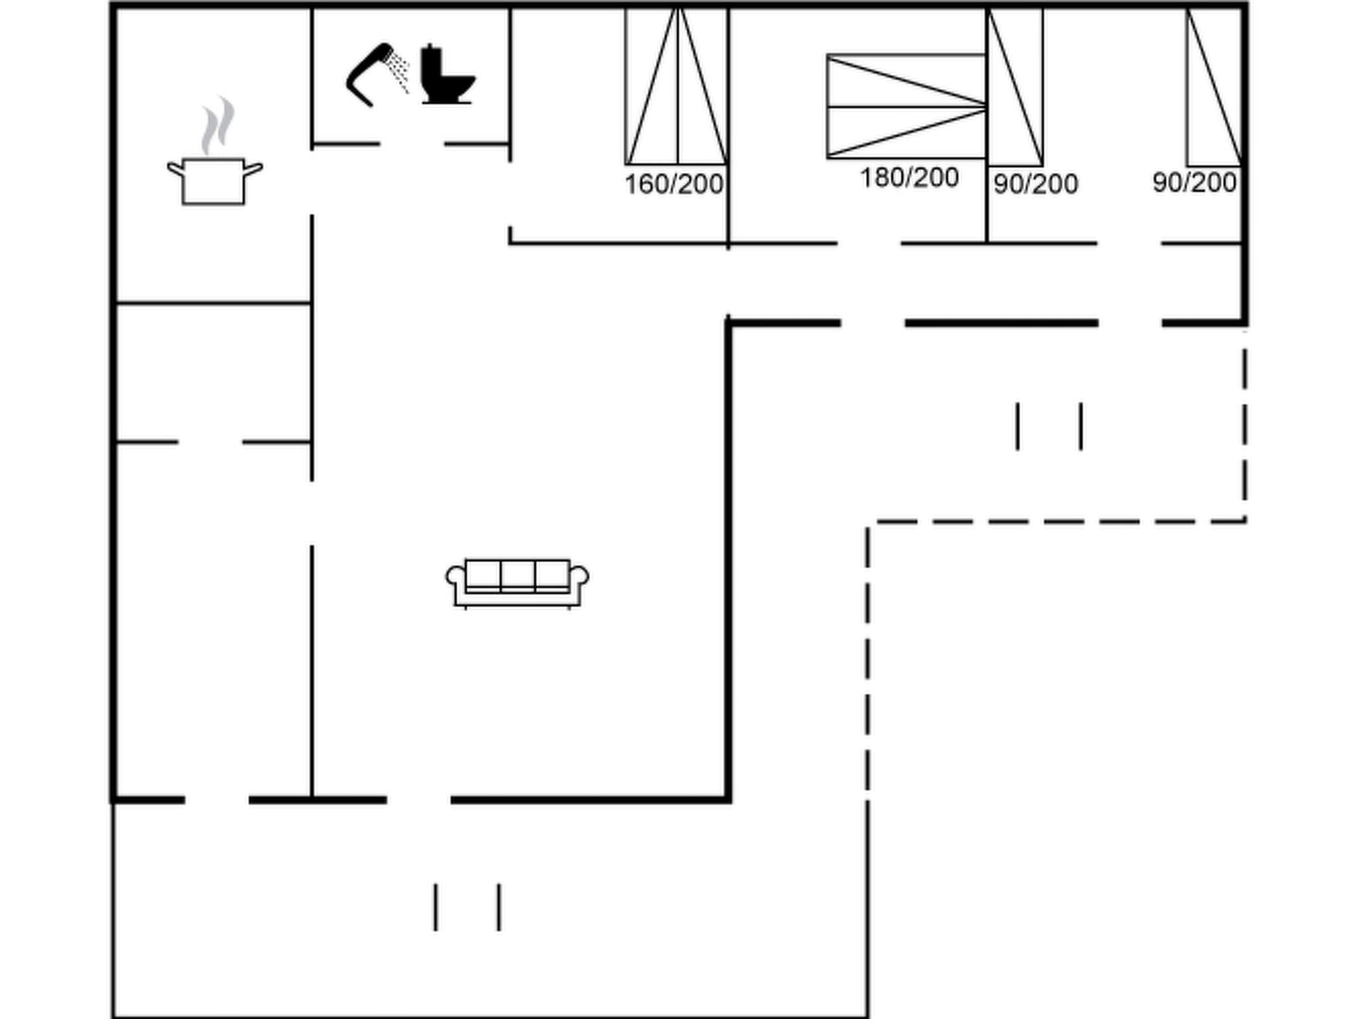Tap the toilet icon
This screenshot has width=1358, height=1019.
pyautogui.click(x=448, y=75)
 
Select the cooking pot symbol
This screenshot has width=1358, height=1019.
pyautogui.click(x=214, y=180)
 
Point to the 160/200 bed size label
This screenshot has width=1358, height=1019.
pyautogui.click(x=674, y=184)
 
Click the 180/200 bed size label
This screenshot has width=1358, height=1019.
pyautogui.click(x=909, y=178)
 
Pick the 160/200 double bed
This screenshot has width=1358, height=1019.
pyautogui.click(x=676, y=86)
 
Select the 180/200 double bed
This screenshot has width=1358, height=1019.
pyautogui.click(x=906, y=106)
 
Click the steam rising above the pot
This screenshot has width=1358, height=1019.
pyautogui.click(x=218, y=126)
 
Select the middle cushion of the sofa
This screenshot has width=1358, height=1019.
pyautogui.click(x=517, y=575)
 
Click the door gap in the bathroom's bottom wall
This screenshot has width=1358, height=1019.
pyautogui.click(x=412, y=144)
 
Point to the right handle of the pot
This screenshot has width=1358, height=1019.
pyautogui.click(x=254, y=169)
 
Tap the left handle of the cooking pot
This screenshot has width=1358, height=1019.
pyautogui.click(x=174, y=169)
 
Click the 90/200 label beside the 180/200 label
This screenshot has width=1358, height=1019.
pyautogui.click(x=1036, y=184)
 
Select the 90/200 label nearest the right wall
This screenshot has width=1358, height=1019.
pyautogui.click(x=1194, y=182)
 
